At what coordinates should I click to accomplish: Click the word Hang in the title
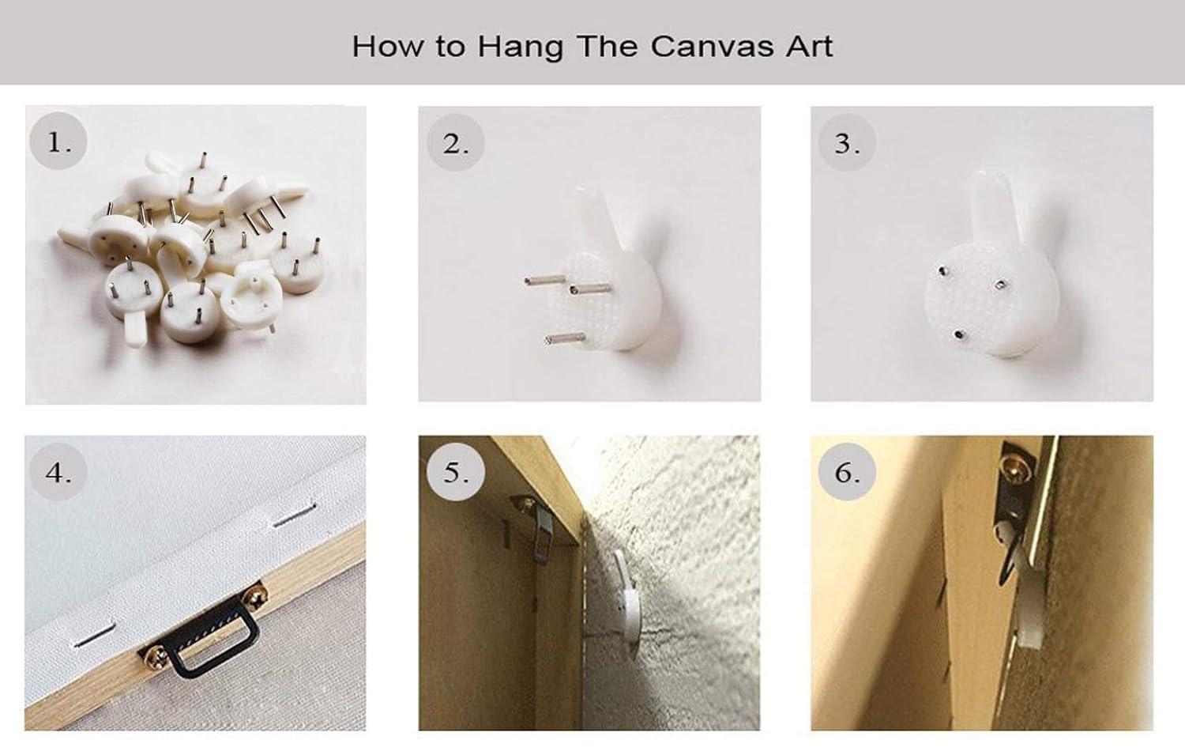(520, 47)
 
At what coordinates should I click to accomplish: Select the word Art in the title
(810, 46)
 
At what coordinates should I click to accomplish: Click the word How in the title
(388, 46)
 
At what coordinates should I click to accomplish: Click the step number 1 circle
(58, 141)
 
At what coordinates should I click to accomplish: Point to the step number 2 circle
(455, 142)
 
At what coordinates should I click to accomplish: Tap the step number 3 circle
(846, 142)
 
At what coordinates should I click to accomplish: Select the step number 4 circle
(58, 472)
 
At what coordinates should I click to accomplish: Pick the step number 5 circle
(456, 472)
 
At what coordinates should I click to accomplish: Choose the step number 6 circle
(846, 472)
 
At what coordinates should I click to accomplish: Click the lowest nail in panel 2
(565, 338)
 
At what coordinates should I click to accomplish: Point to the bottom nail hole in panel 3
(958, 334)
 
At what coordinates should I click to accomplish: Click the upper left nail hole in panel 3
(942, 272)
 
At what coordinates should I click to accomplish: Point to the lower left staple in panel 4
(96, 634)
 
